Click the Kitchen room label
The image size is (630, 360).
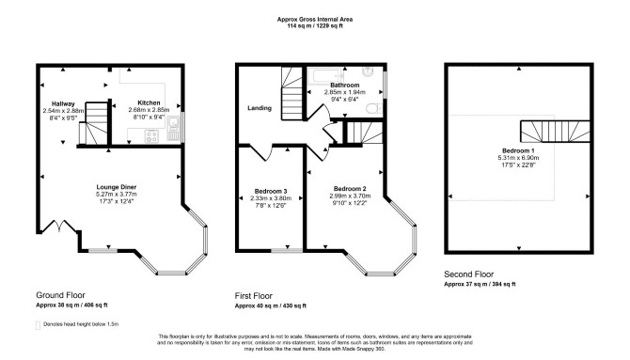(x=149, y=102)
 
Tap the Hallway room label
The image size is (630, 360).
(x=63, y=103)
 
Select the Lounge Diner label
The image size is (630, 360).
(x=116, y=187)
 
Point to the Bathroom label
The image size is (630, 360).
(x=345, y=86)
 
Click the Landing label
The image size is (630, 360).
(x=260, y=108)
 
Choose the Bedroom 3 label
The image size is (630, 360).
(x=271, y=191)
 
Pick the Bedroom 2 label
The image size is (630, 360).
(x=350, y=189)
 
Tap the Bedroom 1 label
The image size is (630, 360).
(x=518, y=150)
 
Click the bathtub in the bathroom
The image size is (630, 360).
(x=325, y=76)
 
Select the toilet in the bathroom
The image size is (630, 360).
(x=374, y=108)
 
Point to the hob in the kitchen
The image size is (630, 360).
(x=151, y=136)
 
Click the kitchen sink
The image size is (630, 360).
(x=173, y=128)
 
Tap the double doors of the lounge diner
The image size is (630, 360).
(x=59, y=226)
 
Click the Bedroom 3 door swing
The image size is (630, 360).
(x=261, y=152)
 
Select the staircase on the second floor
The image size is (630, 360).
(x=556, y=132)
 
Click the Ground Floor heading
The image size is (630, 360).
(x=61, y=295)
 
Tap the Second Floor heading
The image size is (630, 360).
(x=469, y=274)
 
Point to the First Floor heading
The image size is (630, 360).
(x=254, y=296)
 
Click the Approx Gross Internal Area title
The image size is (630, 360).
(x=315, y=20)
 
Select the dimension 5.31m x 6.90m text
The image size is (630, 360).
(x=518, y=158)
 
